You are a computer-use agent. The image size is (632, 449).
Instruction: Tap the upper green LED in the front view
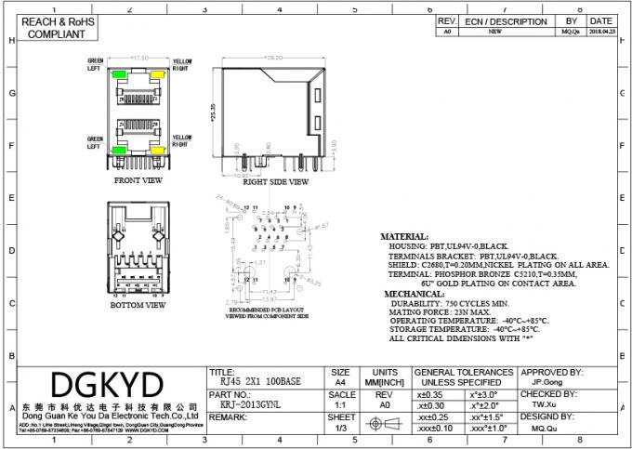(x=120, y=73)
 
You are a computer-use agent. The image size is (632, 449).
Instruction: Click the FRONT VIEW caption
(x=138, y=179)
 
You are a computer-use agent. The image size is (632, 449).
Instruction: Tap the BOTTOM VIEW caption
(x=138, y=304)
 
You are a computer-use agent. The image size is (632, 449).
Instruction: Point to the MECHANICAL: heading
(x=414, y=293)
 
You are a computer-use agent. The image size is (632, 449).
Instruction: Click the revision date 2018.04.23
(x=600, y=32)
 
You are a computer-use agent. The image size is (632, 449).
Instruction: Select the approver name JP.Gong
(x=546, y=380)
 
